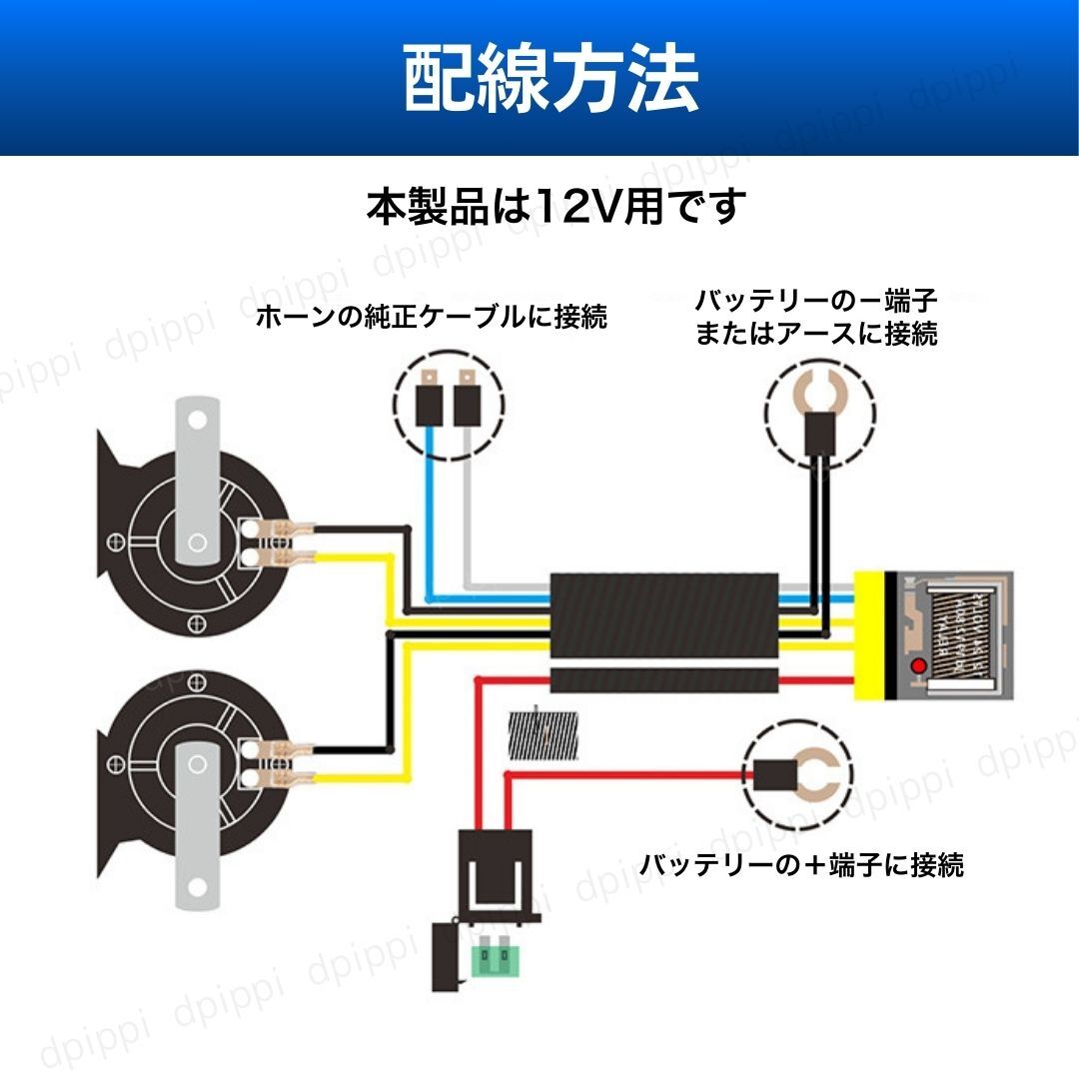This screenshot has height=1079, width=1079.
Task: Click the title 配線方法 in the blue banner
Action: pos(550,80)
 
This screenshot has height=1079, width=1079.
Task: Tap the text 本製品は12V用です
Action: pos(556,207)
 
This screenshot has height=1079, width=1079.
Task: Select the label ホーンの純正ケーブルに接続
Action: pos(432,318)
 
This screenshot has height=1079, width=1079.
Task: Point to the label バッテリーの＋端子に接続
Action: pos(802,864)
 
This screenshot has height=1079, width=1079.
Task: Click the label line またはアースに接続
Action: pos(816,334)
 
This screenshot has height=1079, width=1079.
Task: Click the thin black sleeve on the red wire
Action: pos(665,681)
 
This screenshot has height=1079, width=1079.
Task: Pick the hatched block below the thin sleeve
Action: pos(543,737)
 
